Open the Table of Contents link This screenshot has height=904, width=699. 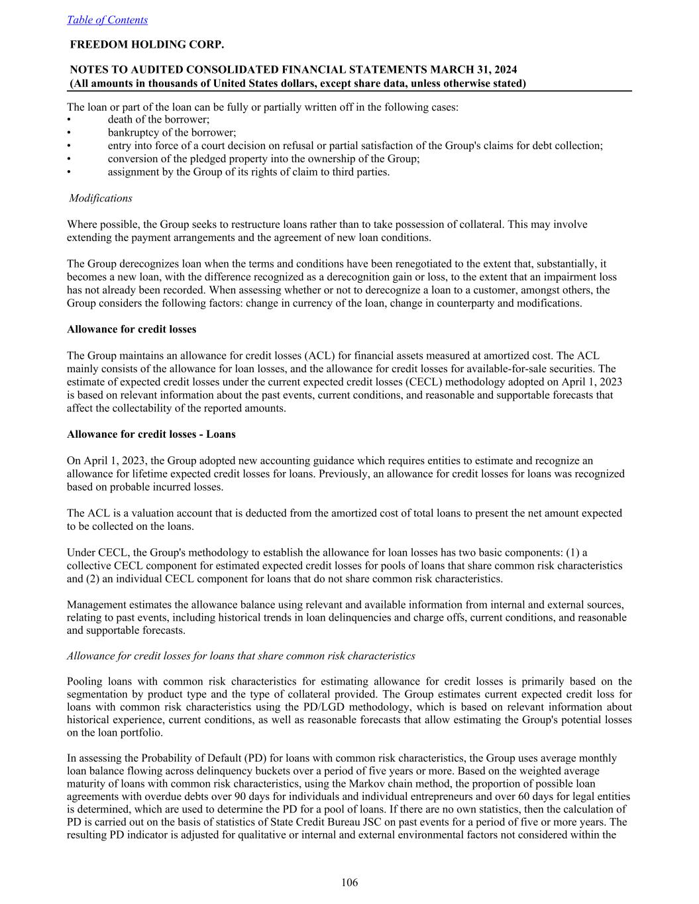(x=107, y=20)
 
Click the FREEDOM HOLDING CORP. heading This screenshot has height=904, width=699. (x=147, y=45)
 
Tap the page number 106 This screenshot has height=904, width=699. (x=349, y=882)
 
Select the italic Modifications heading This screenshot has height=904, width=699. (x=101, y=198)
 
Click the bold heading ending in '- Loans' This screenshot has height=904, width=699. (x=151, y=434)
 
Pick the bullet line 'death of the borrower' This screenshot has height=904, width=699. (x=158, y=120)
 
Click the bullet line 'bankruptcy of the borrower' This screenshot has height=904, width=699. (x=172, y=132)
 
